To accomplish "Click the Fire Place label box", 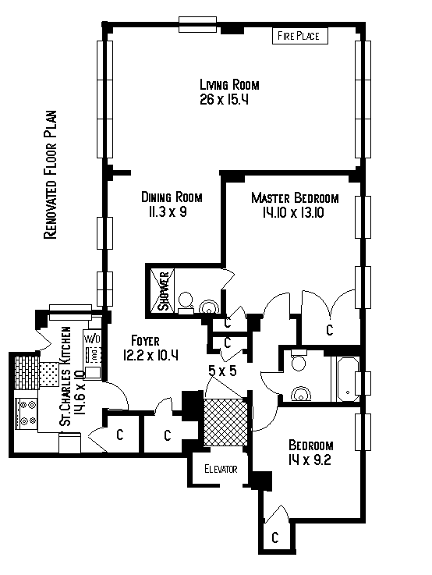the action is tap(299, 36).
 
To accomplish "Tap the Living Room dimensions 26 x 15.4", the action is tap(225, 99).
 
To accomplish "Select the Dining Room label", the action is tap(172, 197).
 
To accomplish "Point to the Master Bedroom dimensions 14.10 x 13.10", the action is tap(293, 213).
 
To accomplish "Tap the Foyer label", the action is tap(146, 341).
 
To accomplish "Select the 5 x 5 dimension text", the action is tap(222, 371).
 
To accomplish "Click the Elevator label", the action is tap(221, 469).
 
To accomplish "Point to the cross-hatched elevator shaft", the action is tap(225, 422).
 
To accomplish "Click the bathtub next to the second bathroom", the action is tap(348, 379).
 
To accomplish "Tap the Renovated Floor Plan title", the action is tap(51, 175).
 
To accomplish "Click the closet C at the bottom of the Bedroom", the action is tap(275, 538).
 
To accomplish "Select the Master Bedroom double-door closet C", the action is tap(330, 330).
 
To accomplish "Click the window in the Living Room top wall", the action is tap(198, 24).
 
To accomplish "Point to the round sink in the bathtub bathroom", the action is tap(301, 394).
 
